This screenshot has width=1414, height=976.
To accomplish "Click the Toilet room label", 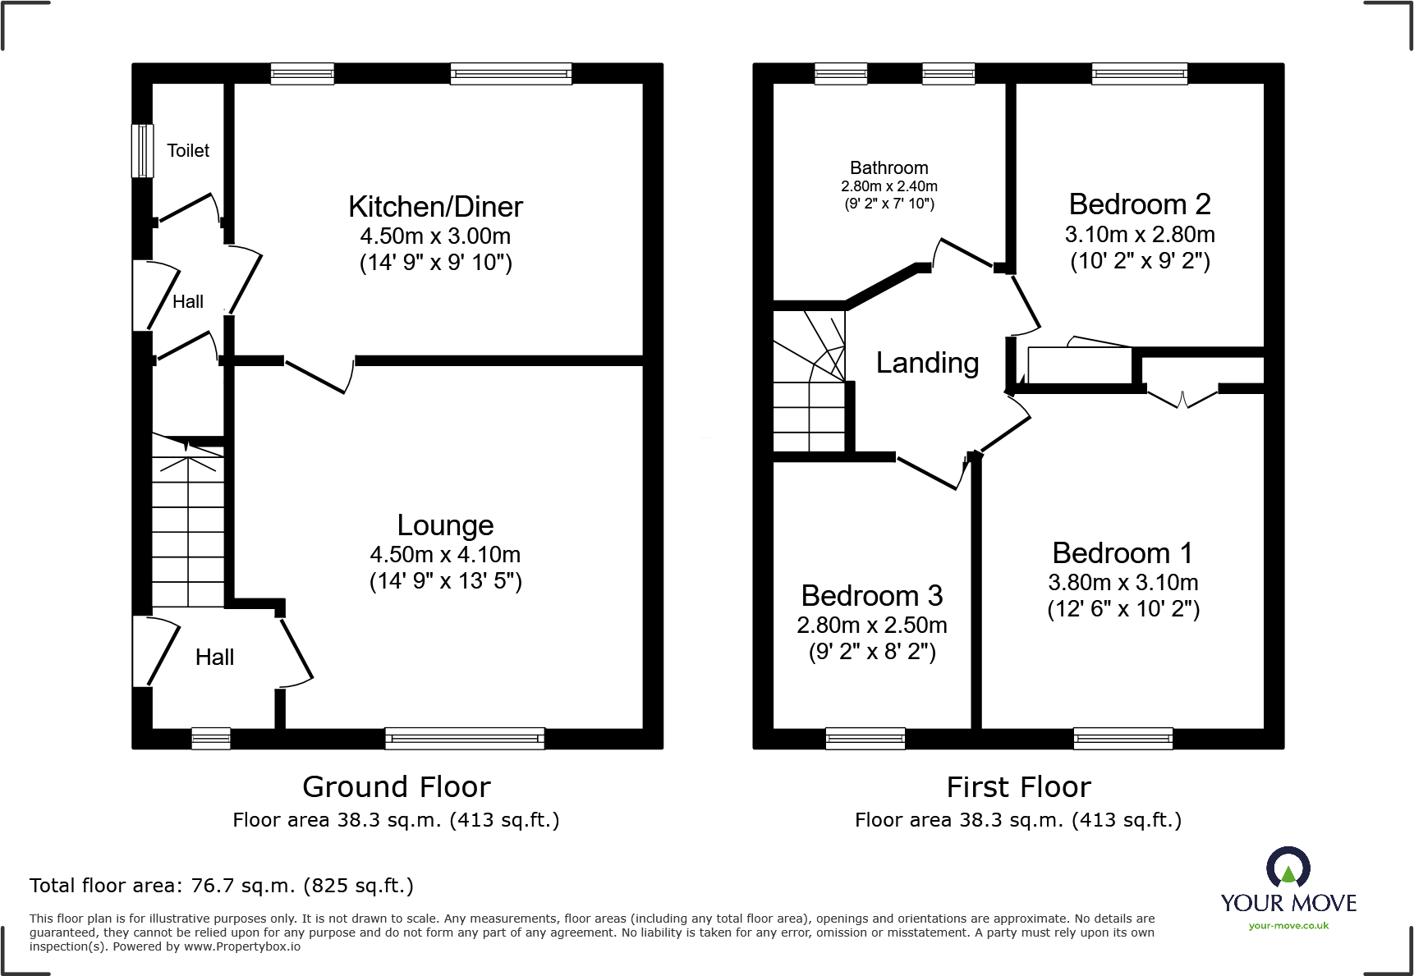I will click(188, 150).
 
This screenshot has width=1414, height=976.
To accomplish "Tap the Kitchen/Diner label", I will click(435, 207).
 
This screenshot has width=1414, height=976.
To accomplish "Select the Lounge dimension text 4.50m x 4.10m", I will click(445, 554).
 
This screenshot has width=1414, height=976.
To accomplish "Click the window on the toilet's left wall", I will click(142, 150).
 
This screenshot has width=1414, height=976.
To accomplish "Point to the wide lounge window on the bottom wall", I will click(465, 738).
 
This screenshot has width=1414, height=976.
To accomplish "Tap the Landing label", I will click(927, 363).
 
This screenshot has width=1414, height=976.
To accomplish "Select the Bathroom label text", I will click(888, 167).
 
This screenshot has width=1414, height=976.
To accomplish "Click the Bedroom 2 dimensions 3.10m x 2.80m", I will click(1140, 235).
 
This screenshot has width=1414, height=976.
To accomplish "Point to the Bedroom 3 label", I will click(871, 595).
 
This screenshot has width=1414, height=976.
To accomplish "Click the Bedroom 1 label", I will click(1122, 553).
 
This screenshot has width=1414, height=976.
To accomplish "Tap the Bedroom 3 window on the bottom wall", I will click(865, 738).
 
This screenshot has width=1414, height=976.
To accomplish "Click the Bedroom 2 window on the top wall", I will click(1139, 74).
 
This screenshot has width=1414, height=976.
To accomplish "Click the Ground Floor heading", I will click(396, 786).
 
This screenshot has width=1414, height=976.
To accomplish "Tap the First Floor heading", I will click(1018, 786).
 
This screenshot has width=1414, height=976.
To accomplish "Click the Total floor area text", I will click(222, 886).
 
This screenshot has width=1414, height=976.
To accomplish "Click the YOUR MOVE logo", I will click(1288, 882).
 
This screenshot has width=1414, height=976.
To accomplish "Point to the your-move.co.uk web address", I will click(1288, 926).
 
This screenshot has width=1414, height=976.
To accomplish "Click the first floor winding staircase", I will click(810, 382).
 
